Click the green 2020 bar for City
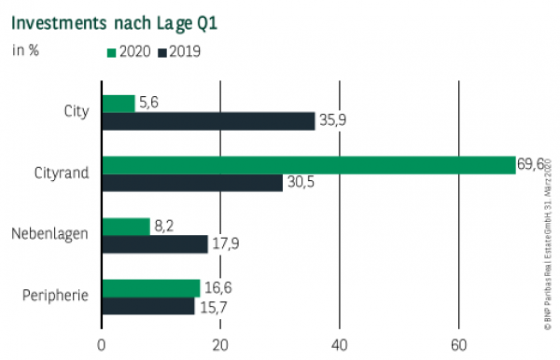(118, 103)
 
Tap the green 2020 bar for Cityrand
(308, 164)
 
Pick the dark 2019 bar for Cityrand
(192, 183)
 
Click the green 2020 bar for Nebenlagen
(125, 226)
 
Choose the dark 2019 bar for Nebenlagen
(154, 244)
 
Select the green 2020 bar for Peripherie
(150, 287)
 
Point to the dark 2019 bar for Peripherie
(147, 306)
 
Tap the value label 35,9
(333, 120)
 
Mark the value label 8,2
(164, 225)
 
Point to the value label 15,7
(212, 306)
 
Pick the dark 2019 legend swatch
(162, 51)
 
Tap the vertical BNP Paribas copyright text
(548, 242)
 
